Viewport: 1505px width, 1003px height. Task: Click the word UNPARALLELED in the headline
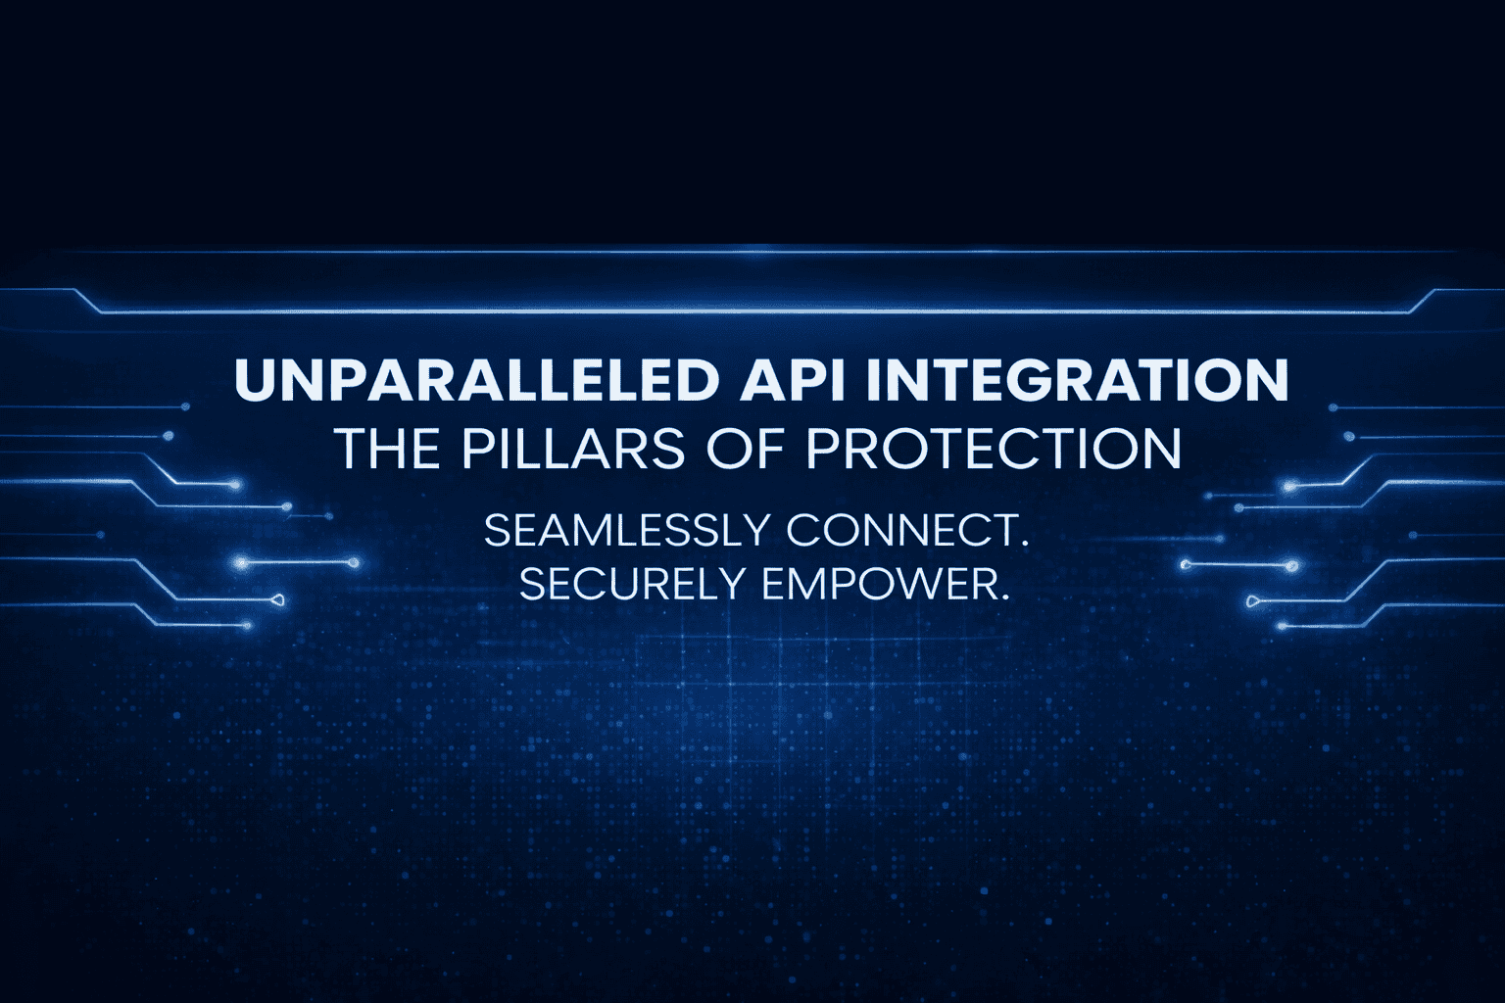(x=477, y=380)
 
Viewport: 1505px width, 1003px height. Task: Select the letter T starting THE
(x=352, y=449)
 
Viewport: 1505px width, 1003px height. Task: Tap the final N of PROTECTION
(x=1159, y=449)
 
